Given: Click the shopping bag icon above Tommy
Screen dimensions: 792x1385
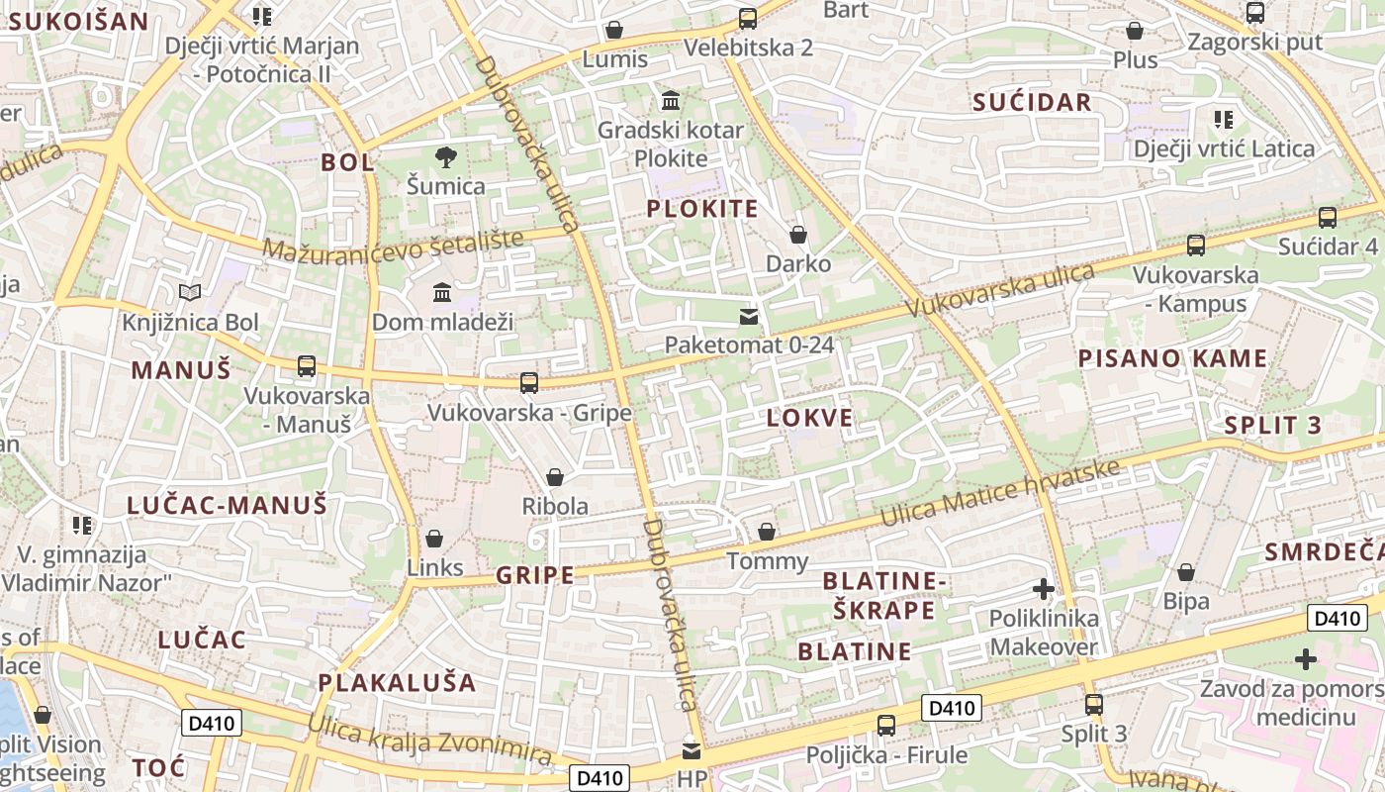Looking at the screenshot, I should click(766, 533).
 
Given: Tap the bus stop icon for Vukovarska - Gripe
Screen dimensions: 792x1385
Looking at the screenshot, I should click(529, 383).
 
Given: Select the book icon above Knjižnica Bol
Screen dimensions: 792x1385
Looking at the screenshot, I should click(190, 293).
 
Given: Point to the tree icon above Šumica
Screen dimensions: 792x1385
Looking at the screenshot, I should click(446, 156).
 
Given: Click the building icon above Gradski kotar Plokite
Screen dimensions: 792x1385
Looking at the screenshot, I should click(671, 101).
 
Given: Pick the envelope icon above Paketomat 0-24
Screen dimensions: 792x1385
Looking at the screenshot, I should click(750, 317).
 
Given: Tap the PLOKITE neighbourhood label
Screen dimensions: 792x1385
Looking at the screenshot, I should click(702, 209).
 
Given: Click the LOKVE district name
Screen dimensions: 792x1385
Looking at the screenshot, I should click(809, 418).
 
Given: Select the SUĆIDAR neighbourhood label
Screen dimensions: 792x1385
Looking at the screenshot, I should click(1032, 102).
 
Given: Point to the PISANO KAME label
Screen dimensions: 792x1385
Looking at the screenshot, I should click(1172, 358).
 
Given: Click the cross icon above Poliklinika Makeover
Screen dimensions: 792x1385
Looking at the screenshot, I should click(1044, 590).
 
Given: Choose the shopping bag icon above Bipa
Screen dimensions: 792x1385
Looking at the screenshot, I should click(1186, 572).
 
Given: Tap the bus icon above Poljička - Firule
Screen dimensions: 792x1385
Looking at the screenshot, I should click(886, 726).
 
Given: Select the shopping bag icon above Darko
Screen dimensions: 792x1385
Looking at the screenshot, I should click(798, 236).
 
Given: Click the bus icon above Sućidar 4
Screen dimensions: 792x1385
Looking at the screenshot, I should click(1328, 218).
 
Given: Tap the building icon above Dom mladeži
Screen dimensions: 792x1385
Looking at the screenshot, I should click(442, 293).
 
